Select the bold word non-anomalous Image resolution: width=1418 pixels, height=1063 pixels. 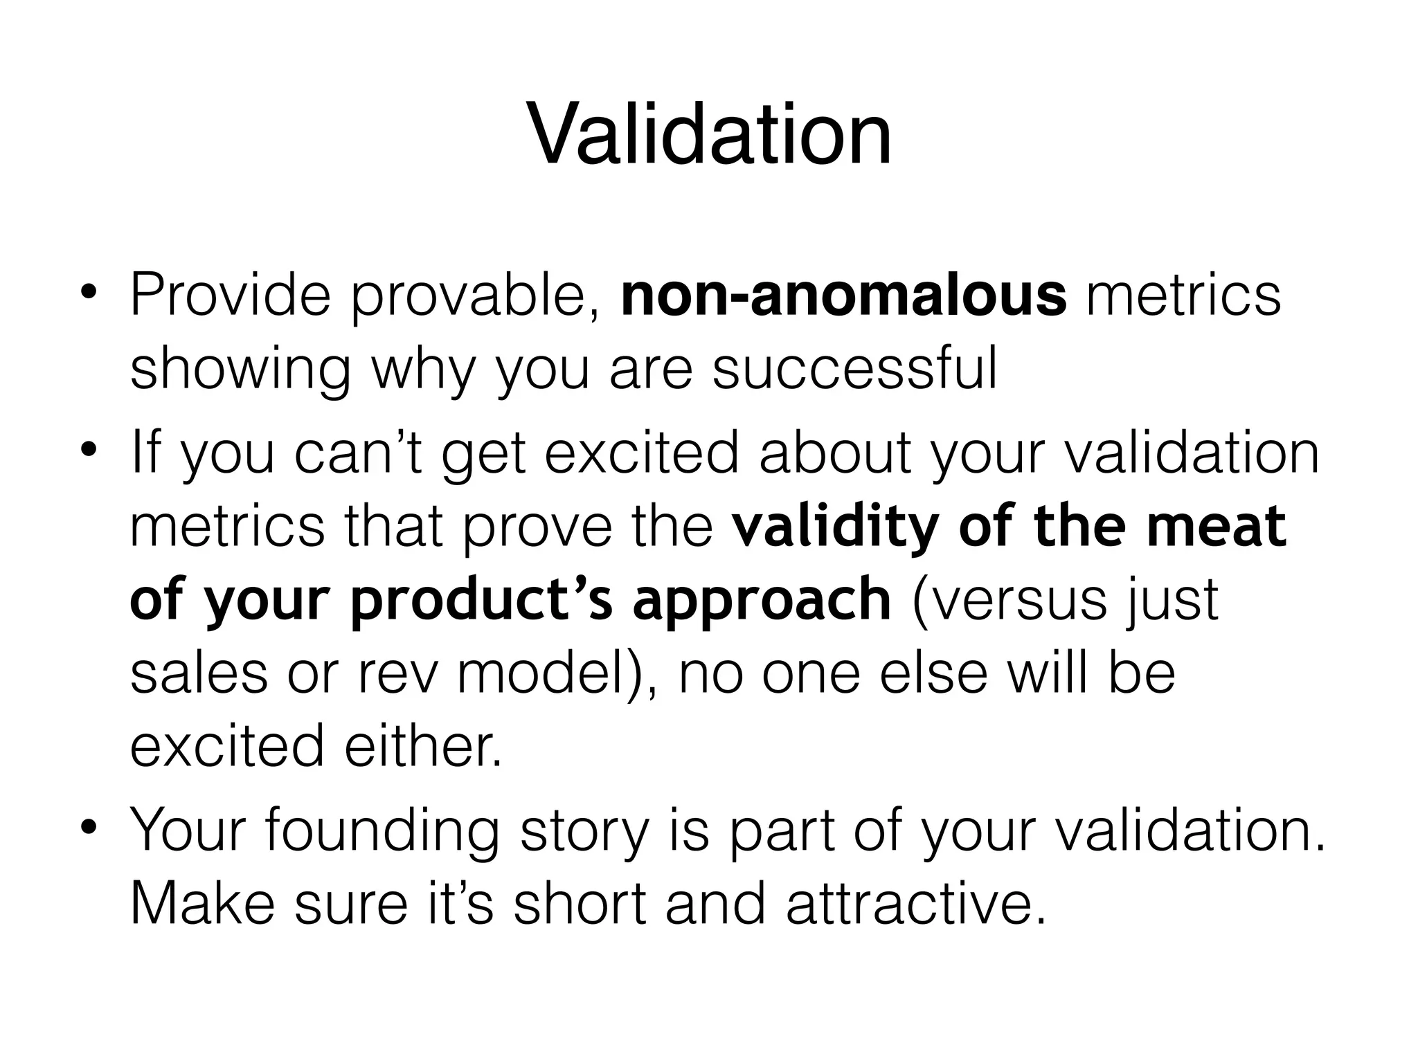pyautogui.click(x=844, y=296)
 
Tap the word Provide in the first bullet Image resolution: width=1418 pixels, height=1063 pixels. pyautogui.click(x=230, y=296)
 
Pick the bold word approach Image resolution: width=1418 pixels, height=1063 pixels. pyautogui.click(x=762, y=601)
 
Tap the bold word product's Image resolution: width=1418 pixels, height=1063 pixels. pyautogui.click(x=482, y=601)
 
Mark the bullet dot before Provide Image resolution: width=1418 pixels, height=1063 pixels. pyautogui.click(x=89, y=291)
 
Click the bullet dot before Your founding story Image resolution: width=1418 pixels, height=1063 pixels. pyautogui.click(x=89, y=826)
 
